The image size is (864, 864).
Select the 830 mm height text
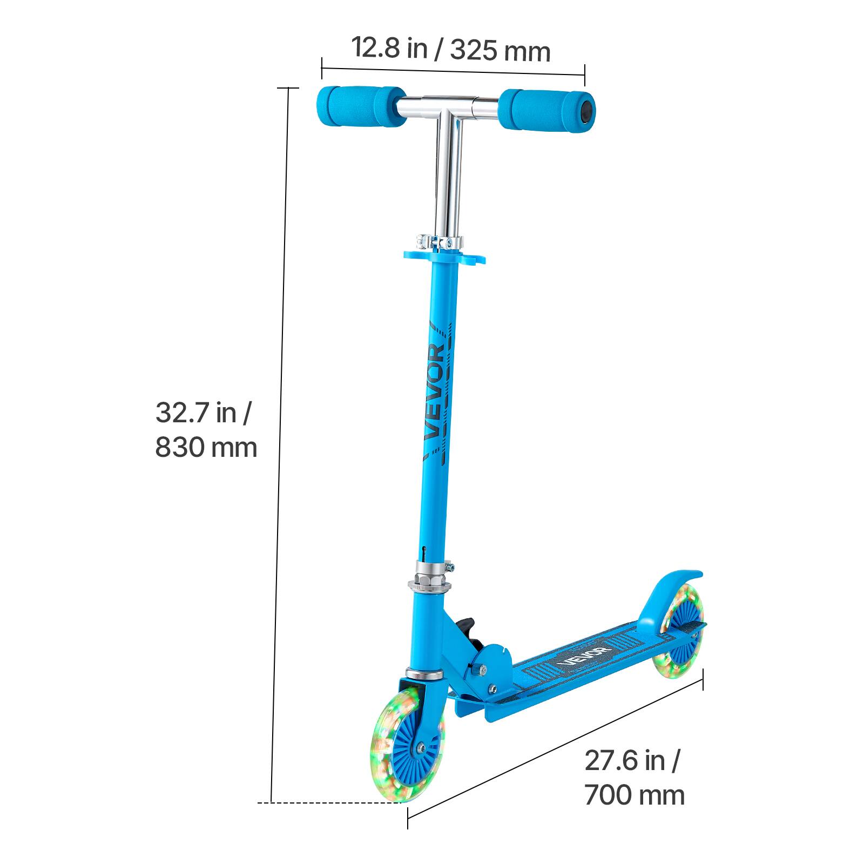(x=206, y=448)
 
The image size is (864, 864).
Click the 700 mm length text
(x=634, y=795)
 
